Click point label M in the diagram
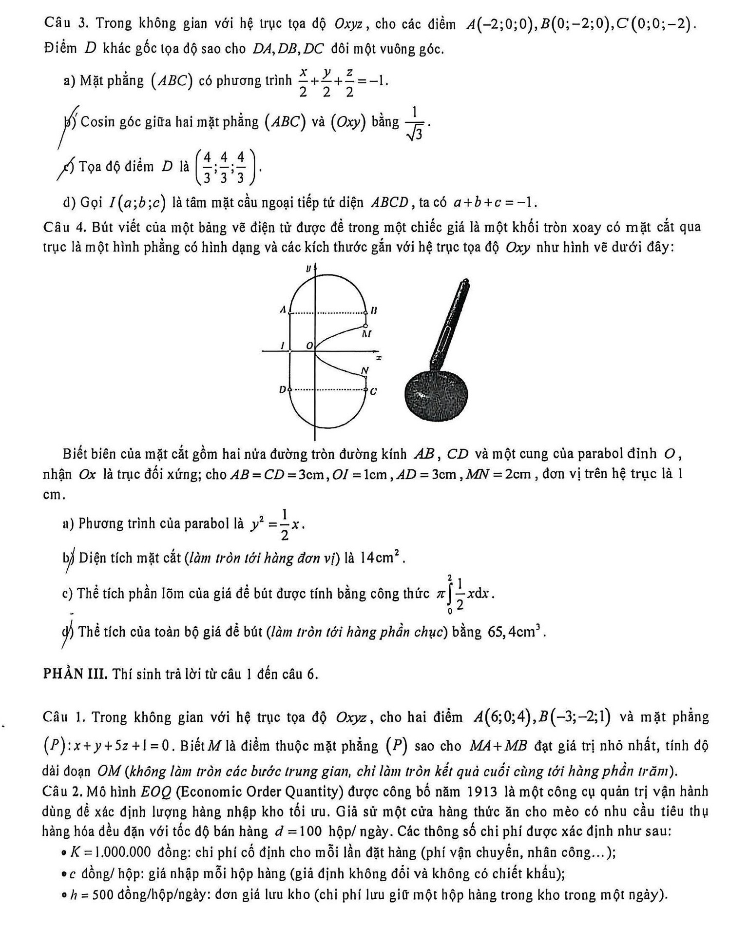[x=367, y=334]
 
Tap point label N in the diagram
[x=364, y=371]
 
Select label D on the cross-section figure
[x=282, y=389]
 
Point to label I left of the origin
[x=282, y=345]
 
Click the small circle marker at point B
[x=366, y=313]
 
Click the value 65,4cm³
[x=516, y=632]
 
